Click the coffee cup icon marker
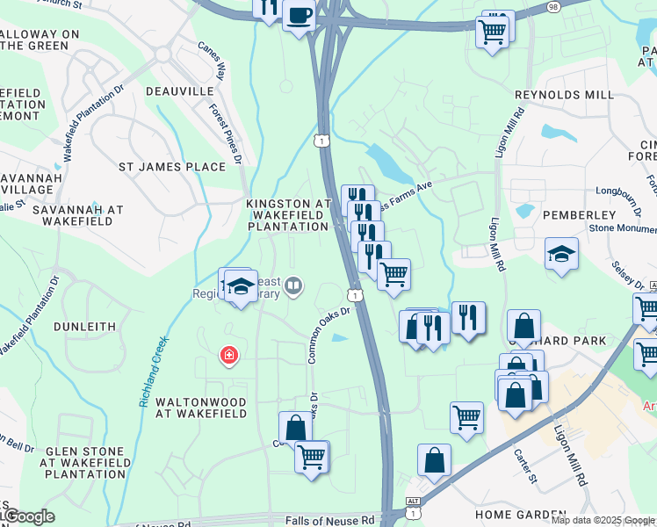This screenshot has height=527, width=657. point(299,16)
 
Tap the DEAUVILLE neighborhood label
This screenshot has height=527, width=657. point(180,91)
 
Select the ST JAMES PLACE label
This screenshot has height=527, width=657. point(172,166)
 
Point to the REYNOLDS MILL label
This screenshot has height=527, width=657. point(564,95)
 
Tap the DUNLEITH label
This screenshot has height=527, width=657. point(84,326)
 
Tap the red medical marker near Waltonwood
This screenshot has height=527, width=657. point(228,355)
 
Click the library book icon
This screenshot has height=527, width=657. point(294,285)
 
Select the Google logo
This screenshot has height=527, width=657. point(28,516)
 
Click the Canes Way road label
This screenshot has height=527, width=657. point(211,59)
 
